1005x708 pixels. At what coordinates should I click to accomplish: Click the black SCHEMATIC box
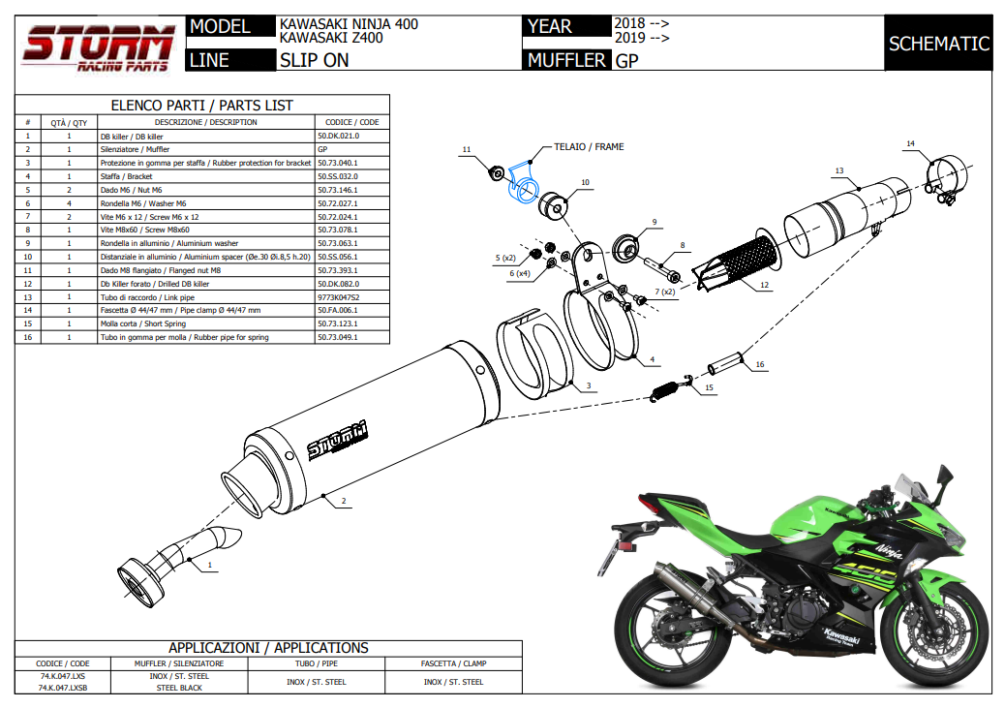938,44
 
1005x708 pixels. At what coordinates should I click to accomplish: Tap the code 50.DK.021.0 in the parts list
339,137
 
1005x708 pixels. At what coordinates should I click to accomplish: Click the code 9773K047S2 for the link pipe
338,297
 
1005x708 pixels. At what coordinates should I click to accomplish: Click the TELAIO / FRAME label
589,147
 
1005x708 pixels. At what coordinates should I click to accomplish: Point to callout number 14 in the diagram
910,144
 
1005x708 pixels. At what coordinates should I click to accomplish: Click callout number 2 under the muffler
344,502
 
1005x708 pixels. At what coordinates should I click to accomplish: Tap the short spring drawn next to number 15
669,389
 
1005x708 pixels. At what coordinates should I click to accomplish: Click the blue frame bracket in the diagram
524,185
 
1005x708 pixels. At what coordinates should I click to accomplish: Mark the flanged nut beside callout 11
495,173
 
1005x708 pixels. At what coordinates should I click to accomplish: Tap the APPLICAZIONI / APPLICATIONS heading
268,648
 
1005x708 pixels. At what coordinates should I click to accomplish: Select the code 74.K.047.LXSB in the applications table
62,687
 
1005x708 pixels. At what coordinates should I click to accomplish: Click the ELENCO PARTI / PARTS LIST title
202,105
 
